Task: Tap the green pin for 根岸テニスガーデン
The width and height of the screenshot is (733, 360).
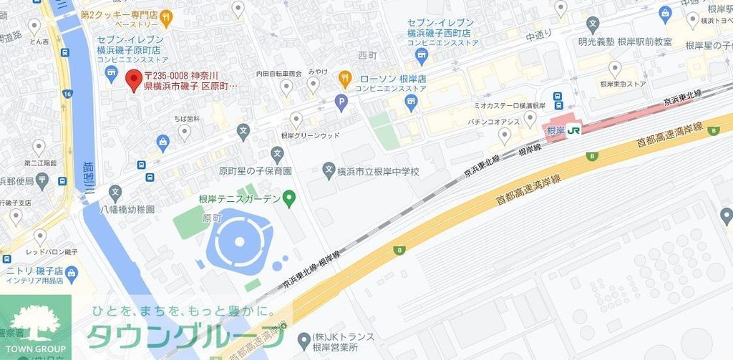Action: (289, 198)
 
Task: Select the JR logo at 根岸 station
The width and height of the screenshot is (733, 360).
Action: (573, 130)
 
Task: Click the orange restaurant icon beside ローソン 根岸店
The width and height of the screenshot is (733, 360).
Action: (344, 78)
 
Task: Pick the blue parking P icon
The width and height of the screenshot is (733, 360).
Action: (341, 103)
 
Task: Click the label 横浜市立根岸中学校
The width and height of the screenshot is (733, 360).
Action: (379, 172)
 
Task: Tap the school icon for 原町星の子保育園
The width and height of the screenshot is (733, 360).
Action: (277, 152)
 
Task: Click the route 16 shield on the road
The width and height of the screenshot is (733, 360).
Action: (67, 94)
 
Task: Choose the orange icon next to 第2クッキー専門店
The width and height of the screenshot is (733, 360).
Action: (166, 14)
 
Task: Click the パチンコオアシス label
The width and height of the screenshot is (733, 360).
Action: (494, 122)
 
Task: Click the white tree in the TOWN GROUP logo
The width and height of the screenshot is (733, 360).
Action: (35, 320)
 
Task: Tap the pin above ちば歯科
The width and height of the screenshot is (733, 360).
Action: (185, 130)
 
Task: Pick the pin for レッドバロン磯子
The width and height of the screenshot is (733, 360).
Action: (40, 235)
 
